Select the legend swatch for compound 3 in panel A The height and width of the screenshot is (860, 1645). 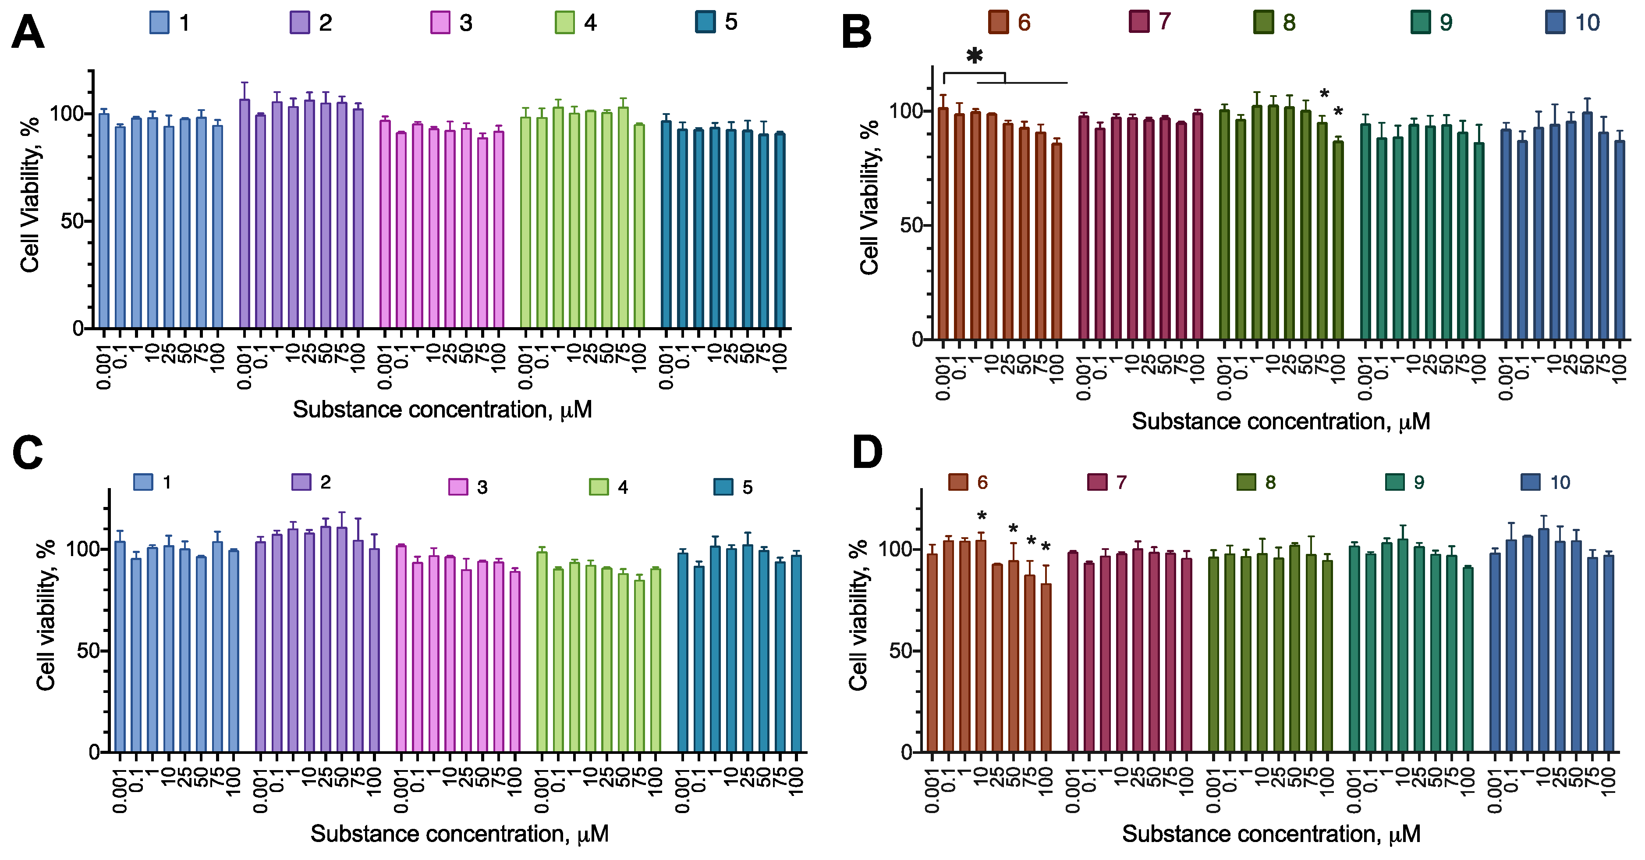(440, 23)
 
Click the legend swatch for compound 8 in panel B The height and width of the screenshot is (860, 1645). (1263, 22)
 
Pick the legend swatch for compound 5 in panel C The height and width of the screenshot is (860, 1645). (723, 487)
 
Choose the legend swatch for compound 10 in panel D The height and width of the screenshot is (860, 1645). (1531, 482)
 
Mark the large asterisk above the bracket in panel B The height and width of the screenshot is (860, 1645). (975, 56)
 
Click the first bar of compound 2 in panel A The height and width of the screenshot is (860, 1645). (245, 214)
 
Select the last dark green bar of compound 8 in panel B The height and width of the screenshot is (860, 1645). (1338, 239)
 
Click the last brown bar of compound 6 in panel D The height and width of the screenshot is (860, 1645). (1046, 667)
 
